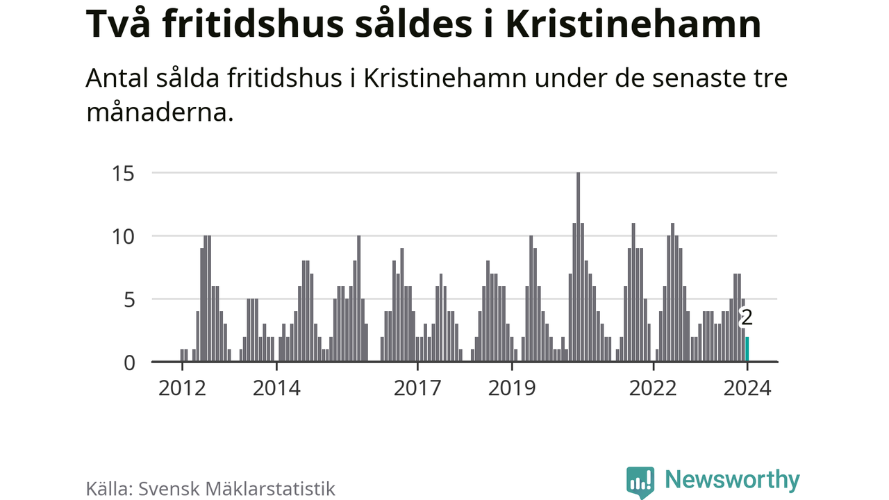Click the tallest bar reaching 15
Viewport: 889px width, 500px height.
pos(578,267)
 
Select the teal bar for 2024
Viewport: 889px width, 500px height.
pos(747,349)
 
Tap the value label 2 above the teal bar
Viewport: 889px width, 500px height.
pos(747,319)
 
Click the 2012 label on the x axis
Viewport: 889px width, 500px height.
pos(182,387)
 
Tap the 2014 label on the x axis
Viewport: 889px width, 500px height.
pos(276,387)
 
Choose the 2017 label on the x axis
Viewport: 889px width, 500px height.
pos(417,387)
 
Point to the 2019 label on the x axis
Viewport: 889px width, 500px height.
pos(512,387)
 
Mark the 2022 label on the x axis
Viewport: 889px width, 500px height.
pos(653,387)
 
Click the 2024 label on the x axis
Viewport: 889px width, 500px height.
pos(747,387)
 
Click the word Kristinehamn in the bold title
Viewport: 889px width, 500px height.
pos(633,25)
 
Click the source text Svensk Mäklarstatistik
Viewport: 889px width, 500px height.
pos(237,488)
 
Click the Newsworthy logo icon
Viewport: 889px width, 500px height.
pos(640,481)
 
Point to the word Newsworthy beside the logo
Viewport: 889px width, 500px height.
pos(732,480)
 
